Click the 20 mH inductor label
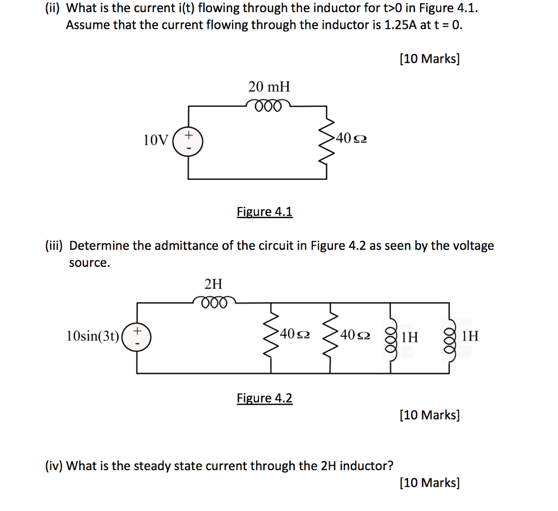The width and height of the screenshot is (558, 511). (x=269, y=87)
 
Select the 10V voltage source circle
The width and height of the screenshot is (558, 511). (x=188, y=140)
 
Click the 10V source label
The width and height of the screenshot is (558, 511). (x=156, y=141)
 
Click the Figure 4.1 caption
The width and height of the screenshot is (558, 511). (x=264, y=211)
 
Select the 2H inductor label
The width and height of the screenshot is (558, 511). (x=213, y=283)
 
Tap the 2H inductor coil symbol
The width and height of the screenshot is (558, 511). (x=214, y=301)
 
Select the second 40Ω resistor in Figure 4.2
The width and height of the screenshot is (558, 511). (x=331, y=334)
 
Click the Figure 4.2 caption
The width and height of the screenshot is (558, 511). (x=264, y=398)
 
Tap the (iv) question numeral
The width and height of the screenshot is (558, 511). (x=52, y=466)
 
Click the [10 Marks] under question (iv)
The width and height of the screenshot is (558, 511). (x=429, y=482)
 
